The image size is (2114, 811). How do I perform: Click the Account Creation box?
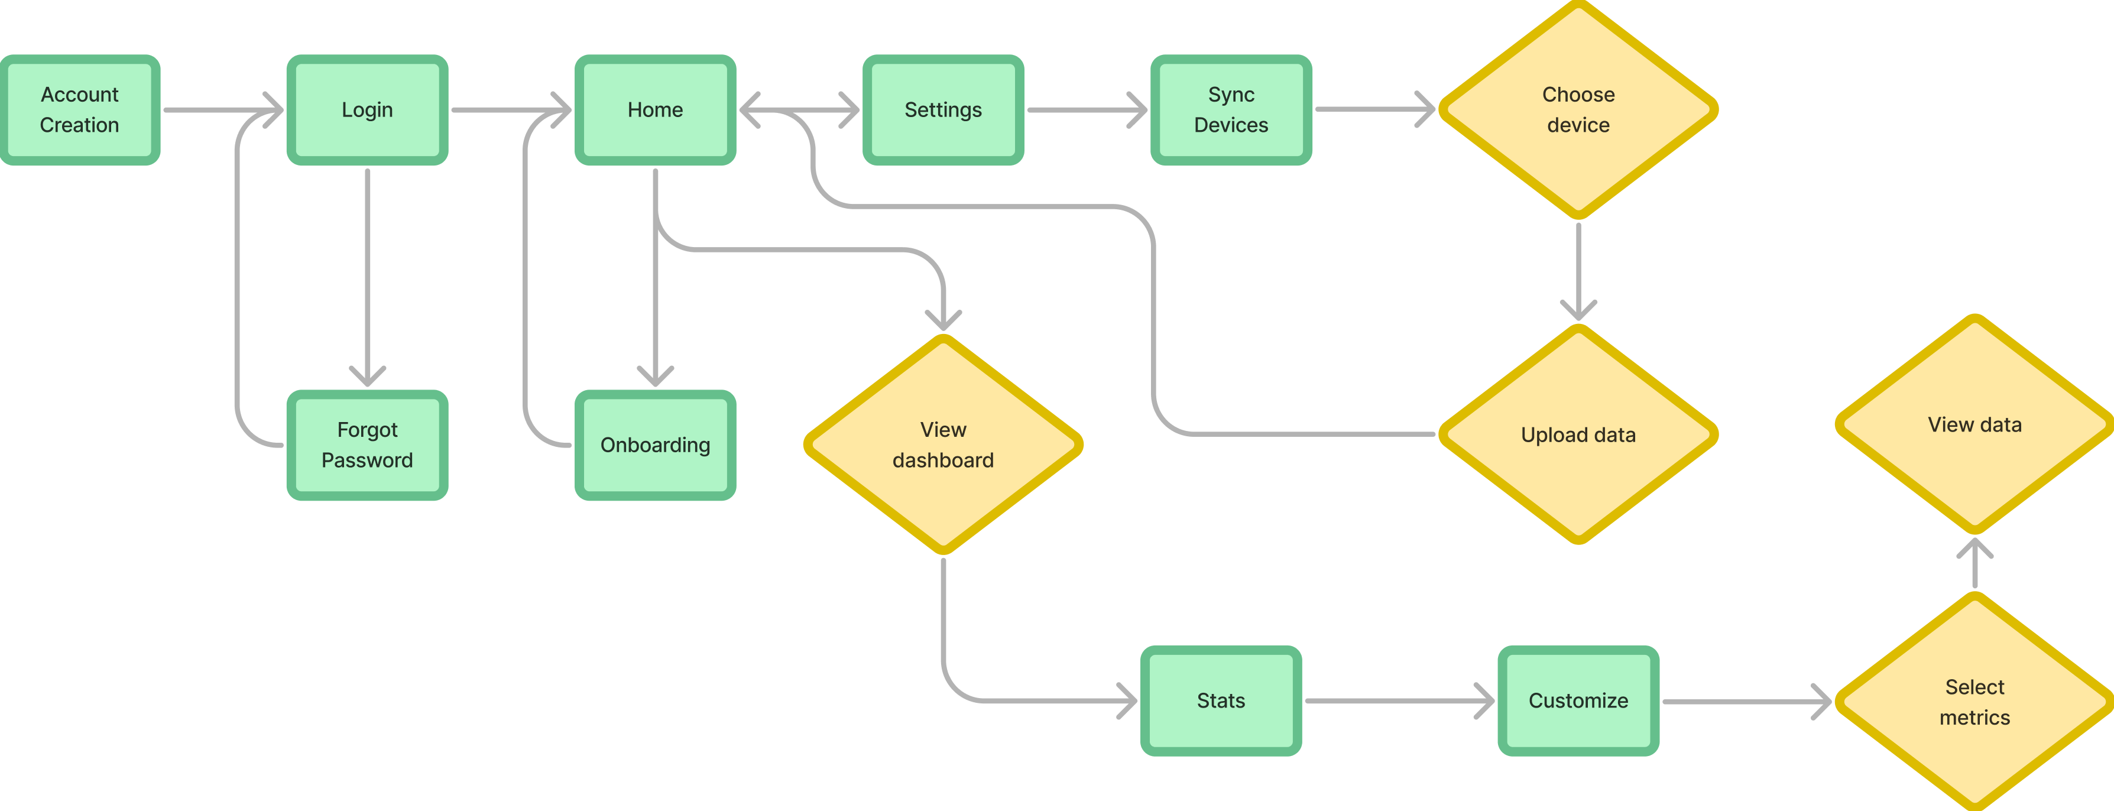point(80,110)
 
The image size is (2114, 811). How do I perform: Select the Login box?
point(367,110)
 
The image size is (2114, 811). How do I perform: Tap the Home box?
point(655,110)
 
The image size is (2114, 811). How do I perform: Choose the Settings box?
point(943,110)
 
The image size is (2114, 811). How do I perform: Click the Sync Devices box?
point(1231,110)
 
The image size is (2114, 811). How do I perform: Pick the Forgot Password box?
point(367,445)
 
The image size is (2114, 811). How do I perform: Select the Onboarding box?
point(655,445)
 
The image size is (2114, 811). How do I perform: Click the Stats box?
point(1220,700)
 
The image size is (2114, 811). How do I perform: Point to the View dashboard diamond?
point(943,445)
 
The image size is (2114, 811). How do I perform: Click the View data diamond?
point(1974,424)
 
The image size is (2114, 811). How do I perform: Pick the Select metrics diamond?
point(1974,702)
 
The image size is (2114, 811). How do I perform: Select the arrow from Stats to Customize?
point(1395,701)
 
